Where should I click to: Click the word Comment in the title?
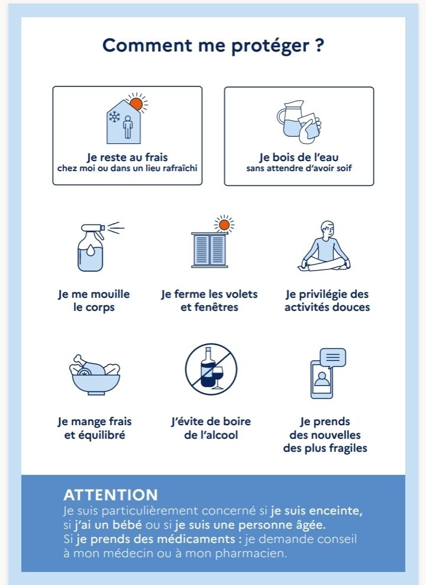point(148,46)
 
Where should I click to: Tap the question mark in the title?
point(319,45)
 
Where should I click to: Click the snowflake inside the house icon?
point(114,117)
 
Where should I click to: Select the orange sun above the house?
point(136,104)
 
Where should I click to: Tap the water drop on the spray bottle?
point(91,250)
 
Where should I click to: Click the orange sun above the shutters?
point(224,225)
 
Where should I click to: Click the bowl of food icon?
point(95,375)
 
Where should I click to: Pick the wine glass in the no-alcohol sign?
point(218,377)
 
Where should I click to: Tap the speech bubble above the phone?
point(333,358)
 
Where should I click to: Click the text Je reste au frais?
point(127,157)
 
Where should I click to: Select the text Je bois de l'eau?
point(299,157)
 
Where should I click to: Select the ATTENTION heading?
point(111,495)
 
